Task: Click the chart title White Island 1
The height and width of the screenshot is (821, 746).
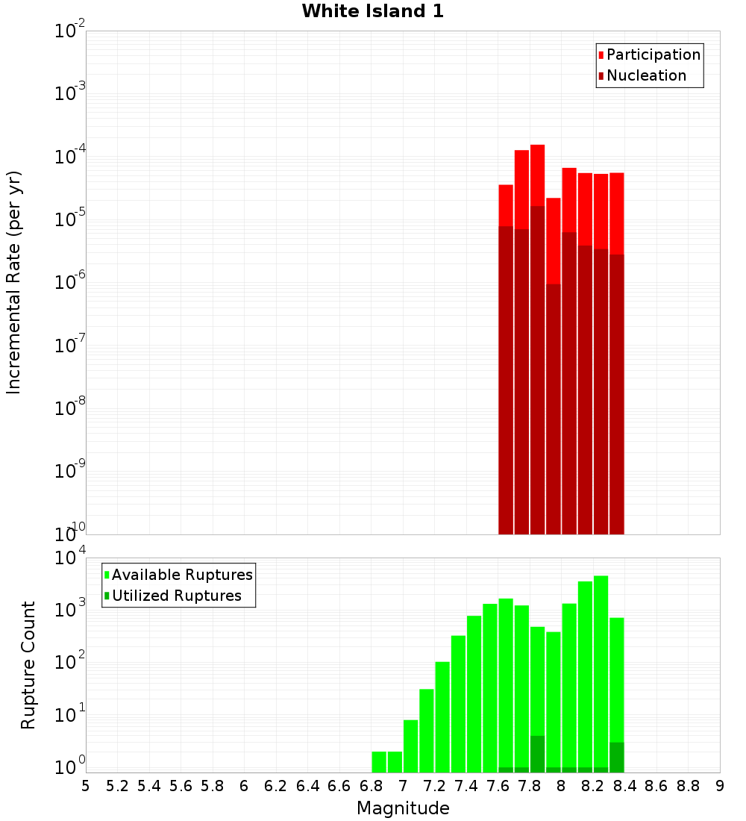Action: [x=372, y=11]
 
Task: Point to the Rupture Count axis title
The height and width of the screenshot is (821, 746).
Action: [x=28, y=664]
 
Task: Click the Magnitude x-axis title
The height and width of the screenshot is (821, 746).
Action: [x=403, y=808]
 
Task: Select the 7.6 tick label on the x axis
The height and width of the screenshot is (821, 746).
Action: [x=498, y=786]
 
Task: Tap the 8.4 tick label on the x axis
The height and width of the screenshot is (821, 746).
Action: [x=624, y=786]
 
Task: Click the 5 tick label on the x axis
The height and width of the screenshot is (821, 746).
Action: [x=86, y=786]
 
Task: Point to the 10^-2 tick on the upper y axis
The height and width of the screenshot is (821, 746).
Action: [x=70, y=31]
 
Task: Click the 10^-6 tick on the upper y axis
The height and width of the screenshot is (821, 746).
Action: [x=70, y=282]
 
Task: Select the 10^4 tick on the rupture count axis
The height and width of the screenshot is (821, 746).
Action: [x=70, y=558]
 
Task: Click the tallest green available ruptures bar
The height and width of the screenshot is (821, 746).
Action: [x=601, y=672]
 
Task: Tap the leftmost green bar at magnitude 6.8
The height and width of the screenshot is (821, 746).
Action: [x=379, y=762]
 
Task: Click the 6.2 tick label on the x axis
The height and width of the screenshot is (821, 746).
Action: [x=276, y=786]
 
